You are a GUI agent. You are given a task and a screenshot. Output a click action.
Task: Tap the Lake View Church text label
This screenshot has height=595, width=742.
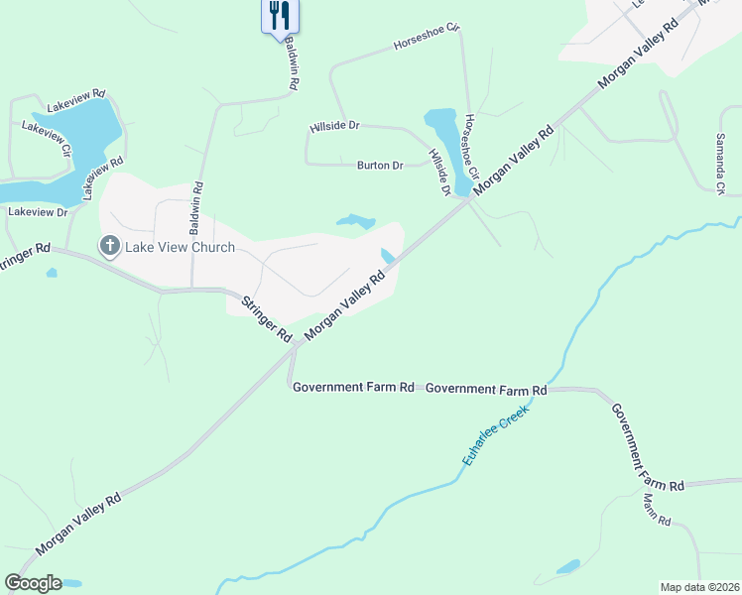[x=180, y=247]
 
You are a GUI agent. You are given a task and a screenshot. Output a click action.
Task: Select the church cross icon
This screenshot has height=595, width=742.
[x=109, y=245]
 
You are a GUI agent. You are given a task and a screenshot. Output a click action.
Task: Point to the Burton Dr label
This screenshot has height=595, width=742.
[x=380, y=166]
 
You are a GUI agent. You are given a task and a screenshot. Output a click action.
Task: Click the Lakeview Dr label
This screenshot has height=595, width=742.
[x=38, y=212]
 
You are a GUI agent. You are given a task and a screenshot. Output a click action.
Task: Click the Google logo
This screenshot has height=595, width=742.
[x=33, y=583]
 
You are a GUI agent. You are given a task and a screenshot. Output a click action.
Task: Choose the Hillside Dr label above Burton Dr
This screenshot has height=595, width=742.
[x=333, y=126]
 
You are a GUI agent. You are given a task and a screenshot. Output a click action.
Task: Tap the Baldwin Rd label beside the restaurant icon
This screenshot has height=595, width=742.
[x=292, y=65]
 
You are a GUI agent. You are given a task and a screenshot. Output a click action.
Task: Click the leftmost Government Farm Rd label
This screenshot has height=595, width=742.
[x=353, y=387]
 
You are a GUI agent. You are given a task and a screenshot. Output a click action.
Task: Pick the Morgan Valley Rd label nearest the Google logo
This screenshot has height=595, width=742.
[x=78, y=524]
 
